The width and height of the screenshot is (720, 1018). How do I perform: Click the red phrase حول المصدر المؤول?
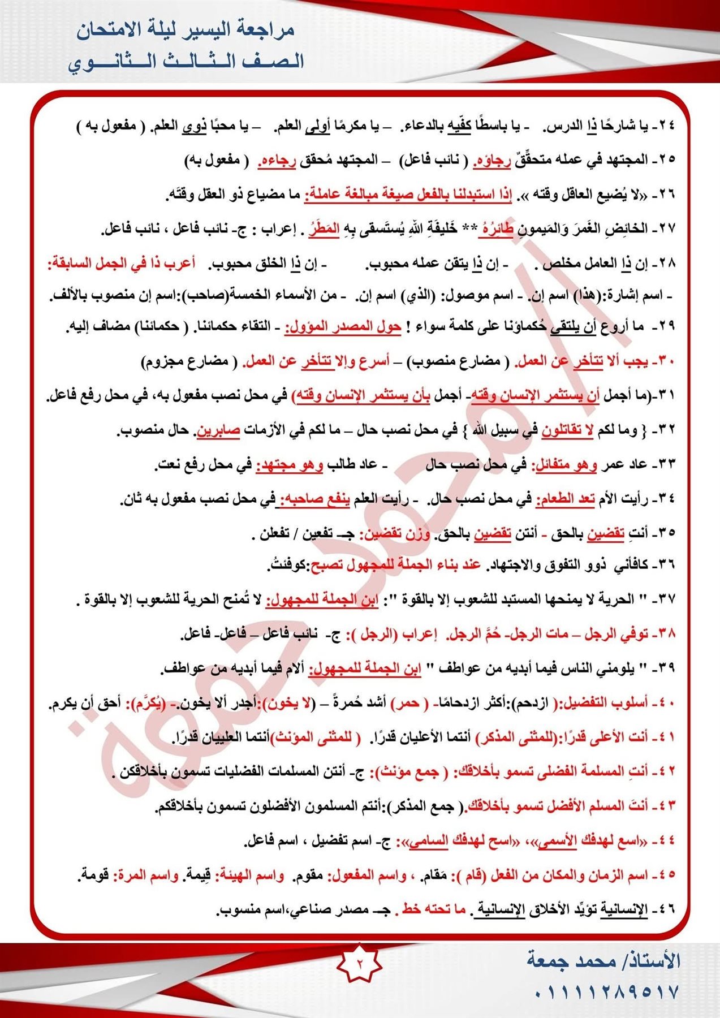pos(343,326)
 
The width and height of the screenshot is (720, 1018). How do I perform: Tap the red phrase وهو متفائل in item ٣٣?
pos(561,465)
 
